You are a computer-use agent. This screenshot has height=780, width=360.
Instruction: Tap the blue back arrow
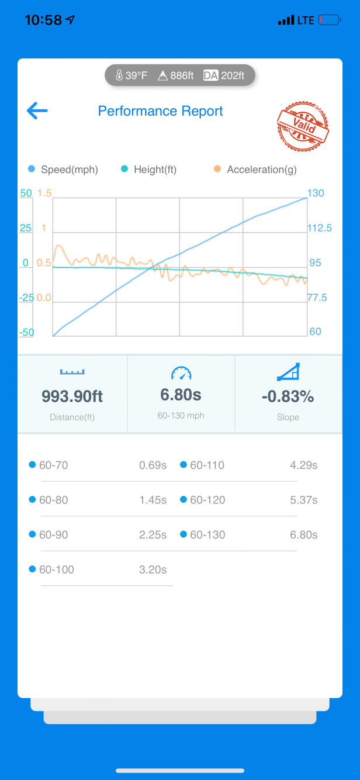(37, 111)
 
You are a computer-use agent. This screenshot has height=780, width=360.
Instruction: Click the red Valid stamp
(303, 126)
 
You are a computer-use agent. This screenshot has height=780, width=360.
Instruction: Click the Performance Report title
(160, 111)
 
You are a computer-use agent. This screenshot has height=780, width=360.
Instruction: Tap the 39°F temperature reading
(131, 75)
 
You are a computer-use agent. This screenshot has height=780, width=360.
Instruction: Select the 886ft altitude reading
(176, 75)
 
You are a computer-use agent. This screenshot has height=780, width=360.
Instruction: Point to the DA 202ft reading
(224, 75)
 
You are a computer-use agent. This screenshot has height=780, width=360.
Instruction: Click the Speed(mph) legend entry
(63, 170)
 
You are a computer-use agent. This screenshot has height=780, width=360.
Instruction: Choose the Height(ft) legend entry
(148, 170)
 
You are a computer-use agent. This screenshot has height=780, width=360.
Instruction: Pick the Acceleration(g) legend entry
(255, 170)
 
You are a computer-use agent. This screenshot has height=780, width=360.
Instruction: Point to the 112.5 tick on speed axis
(320, 228)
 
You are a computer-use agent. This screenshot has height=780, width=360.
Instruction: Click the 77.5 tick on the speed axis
(317, 298)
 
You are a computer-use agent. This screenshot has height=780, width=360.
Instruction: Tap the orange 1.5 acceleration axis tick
(44, 193)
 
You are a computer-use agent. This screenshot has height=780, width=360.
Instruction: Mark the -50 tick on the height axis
(26, 332)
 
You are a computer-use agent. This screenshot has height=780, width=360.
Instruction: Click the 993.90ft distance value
(72, 396)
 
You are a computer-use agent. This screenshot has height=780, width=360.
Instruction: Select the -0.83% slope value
(288, 396)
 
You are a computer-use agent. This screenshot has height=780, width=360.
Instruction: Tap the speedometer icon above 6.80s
(181, 373)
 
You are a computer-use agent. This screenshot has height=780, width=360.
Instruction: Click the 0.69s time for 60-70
(153, 465)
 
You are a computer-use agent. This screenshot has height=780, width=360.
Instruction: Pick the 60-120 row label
(207, 500)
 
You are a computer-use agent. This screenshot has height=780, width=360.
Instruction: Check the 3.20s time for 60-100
(153, 570)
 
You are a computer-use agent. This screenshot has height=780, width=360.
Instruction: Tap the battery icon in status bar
(330, 20)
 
